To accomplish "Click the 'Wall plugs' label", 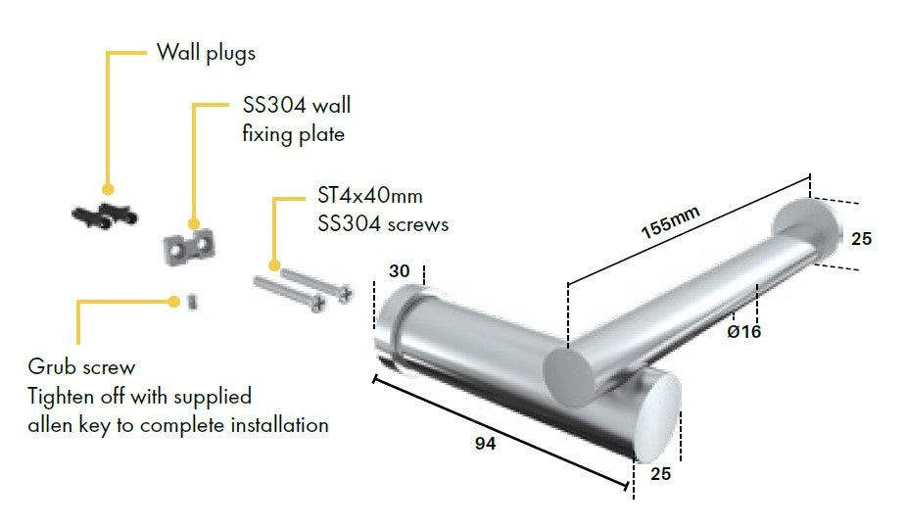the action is coord(206,53).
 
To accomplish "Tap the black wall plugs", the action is coord(105,215).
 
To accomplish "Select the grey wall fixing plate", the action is coord(189,248).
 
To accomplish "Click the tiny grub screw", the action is coord(192,302).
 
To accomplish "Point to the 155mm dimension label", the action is coord(670,221).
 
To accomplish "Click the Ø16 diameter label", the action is coord(744,332).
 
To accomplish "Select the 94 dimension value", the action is coord(486,444).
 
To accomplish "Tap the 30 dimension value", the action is coord(400,270).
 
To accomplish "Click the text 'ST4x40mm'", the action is coord(370,195).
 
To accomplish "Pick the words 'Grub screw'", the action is coord(81,367).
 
